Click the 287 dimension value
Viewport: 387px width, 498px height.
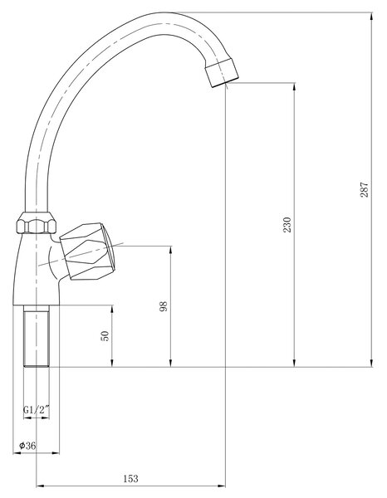click(364, 189)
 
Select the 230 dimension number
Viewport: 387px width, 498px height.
click(287, 225)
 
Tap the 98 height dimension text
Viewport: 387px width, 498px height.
click(164, 306)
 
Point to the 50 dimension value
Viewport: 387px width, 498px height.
click(105, 336)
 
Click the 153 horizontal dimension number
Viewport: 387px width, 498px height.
click(131, 479)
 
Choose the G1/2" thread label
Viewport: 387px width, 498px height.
click(37, 410)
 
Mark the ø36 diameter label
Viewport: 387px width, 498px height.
click(27, 446)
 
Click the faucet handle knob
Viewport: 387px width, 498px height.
click(87, 251)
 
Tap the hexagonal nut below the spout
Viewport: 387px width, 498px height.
click(37, 223)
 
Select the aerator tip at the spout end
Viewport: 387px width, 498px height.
click(222, 73)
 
